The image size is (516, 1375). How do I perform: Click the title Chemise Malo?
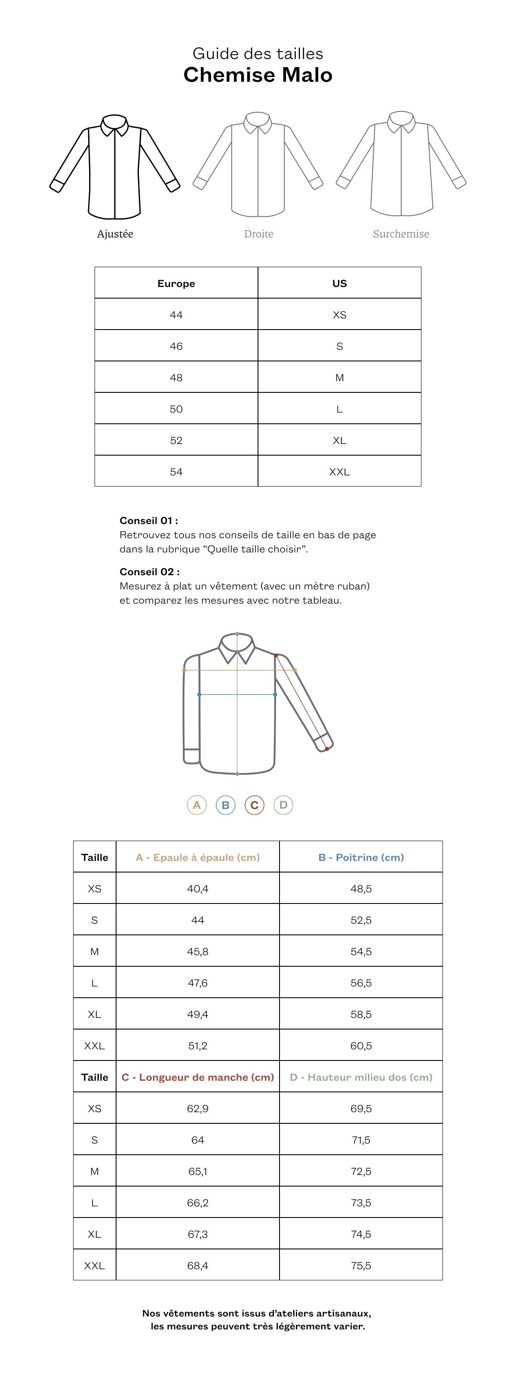(x=258, y=75)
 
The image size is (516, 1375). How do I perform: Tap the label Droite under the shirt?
(x=258, y=234)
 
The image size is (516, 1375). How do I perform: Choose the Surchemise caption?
(x=401, y=234)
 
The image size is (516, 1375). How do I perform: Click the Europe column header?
(x=176, y=284)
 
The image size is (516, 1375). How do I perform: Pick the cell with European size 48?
(x=176, y=377)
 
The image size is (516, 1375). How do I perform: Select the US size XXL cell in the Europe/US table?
(x=339, y=472)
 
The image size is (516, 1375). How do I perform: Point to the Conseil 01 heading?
(x=148, y=521)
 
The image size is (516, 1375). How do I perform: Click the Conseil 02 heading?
(x=149, y=572)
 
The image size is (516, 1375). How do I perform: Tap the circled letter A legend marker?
(x=197, y=805)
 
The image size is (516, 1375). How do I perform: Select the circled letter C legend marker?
(x=255, y=805)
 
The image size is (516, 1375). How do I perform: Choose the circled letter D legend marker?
(x=283, y=805)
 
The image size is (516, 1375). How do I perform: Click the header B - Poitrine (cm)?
(x=361, y=857)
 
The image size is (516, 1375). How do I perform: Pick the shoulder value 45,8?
(x=197, y=951)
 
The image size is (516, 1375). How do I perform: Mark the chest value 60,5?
(x=361, y=1045)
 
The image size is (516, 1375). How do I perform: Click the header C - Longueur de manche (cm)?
(x=197, y=1077)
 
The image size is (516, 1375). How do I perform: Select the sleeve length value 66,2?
(x=197, y=1202)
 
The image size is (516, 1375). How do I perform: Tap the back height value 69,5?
(x=361, y=1109)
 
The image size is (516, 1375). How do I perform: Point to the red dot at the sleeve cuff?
(x=326, y=749)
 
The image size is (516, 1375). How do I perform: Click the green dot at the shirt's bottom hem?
(x=237, y=774)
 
